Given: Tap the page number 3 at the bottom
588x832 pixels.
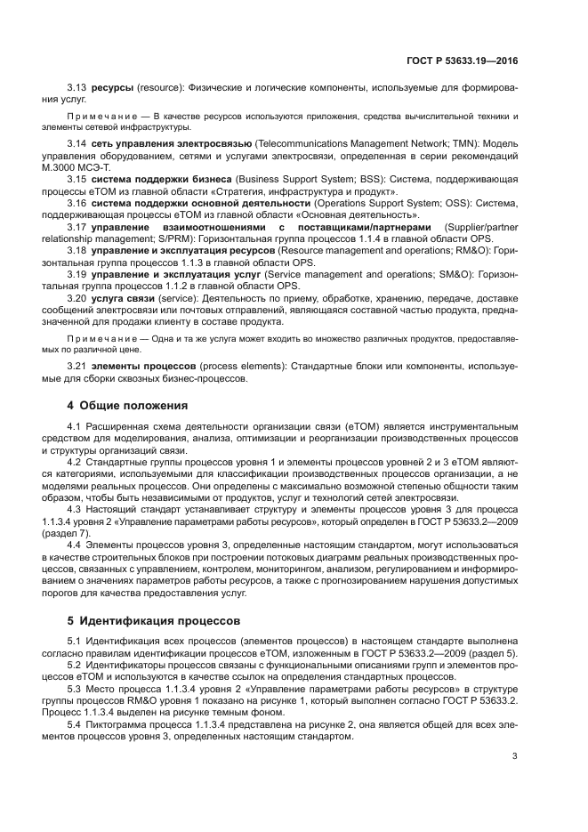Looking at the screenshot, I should coord(515,757).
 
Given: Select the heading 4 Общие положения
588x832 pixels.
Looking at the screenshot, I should coord(128,406).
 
